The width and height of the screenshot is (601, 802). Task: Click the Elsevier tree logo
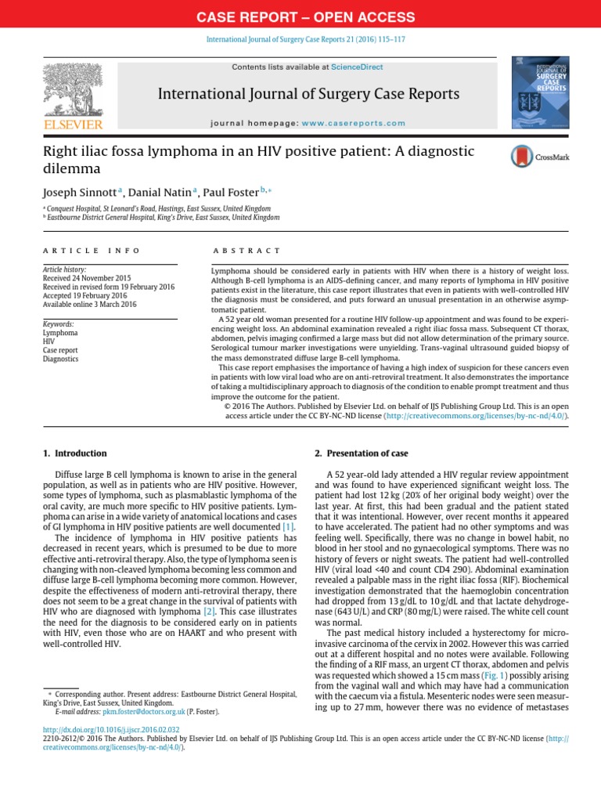click(x=74, y=90)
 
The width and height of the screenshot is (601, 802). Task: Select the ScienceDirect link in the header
click(x=357, y=67)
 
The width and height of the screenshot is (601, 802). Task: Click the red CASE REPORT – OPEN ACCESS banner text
click(x=300, y=16)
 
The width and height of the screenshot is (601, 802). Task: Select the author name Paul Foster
click(x=230, y=193)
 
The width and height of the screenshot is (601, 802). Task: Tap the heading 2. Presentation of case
click(x=356, y=453)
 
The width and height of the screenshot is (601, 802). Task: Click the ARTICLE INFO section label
click(x=92, y=251)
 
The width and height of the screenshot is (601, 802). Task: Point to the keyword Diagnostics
click(x=60, y=359)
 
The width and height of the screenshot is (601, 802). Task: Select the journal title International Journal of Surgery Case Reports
click(x=308, y=95)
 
